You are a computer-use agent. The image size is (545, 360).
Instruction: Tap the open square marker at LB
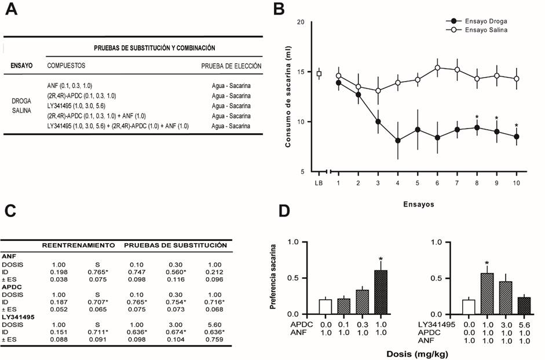click(x=319, y=74)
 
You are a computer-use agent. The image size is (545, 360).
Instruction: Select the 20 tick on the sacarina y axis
click(x=301, y=22)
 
